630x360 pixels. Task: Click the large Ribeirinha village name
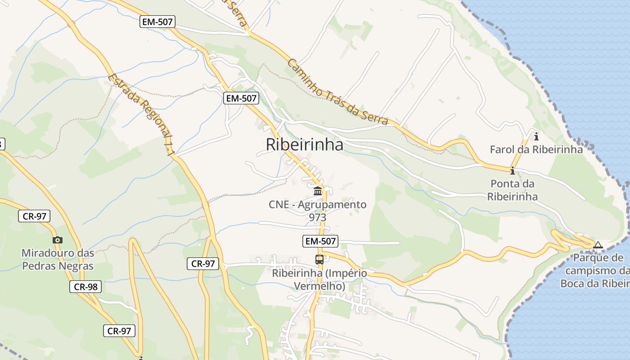point(304,144)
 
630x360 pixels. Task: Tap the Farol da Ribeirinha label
point(536,149)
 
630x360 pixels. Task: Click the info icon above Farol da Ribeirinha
point(536,136)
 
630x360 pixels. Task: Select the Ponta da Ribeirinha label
point(512,190)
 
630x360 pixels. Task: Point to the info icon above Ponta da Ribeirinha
point(512,171)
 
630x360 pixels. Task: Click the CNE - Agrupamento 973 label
point(318,211)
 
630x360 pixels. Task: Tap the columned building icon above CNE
point(318,191)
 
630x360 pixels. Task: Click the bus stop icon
point(319,259)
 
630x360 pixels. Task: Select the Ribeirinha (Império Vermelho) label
point(319,279)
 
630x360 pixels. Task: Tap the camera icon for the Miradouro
point(58,240)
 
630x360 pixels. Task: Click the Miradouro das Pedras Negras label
point(58,259)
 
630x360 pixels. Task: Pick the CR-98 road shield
point(85,287)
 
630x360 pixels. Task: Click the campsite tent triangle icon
point(598,245)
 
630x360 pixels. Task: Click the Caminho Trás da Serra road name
point(337,91)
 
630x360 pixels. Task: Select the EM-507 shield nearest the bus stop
point(320,241)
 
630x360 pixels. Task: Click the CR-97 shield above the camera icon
point(34,216)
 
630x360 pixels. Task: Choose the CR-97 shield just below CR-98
point(119,331)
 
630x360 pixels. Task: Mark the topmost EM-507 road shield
point(157,22)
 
